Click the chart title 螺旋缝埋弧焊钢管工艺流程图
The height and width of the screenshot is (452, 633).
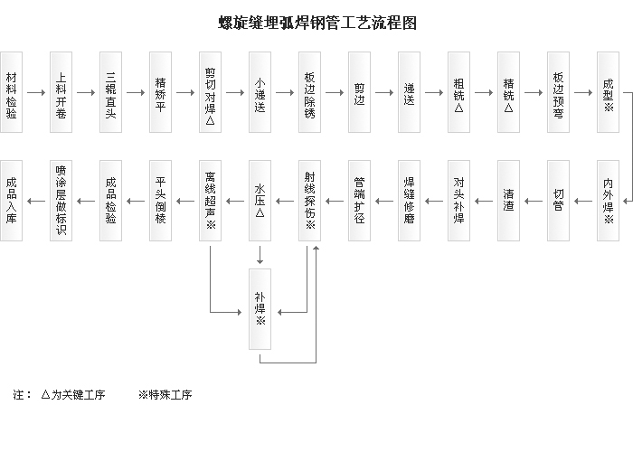317,23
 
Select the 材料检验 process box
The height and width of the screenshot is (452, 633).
11,92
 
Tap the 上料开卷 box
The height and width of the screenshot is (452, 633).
61,92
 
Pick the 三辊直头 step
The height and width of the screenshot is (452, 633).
110,92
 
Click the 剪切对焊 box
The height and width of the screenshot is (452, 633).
210,92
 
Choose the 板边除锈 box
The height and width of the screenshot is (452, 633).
309,92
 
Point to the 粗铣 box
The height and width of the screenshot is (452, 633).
458,92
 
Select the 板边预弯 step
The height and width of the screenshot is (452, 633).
558,92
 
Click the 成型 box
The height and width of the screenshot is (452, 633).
608,92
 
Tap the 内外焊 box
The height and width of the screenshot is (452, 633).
608,201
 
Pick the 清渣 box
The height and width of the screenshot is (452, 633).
508,201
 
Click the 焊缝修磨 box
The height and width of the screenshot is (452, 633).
409,201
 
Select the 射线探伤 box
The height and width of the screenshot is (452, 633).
309,201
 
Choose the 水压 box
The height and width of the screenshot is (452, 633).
260,201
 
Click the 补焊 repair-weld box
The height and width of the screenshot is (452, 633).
260,308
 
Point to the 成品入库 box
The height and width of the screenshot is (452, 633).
11,201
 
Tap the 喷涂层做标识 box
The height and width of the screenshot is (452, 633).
61,201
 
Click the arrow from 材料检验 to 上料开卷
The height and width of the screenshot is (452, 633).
36,92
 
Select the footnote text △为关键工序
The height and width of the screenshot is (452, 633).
73,395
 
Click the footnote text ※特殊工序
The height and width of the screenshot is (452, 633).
165,395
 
